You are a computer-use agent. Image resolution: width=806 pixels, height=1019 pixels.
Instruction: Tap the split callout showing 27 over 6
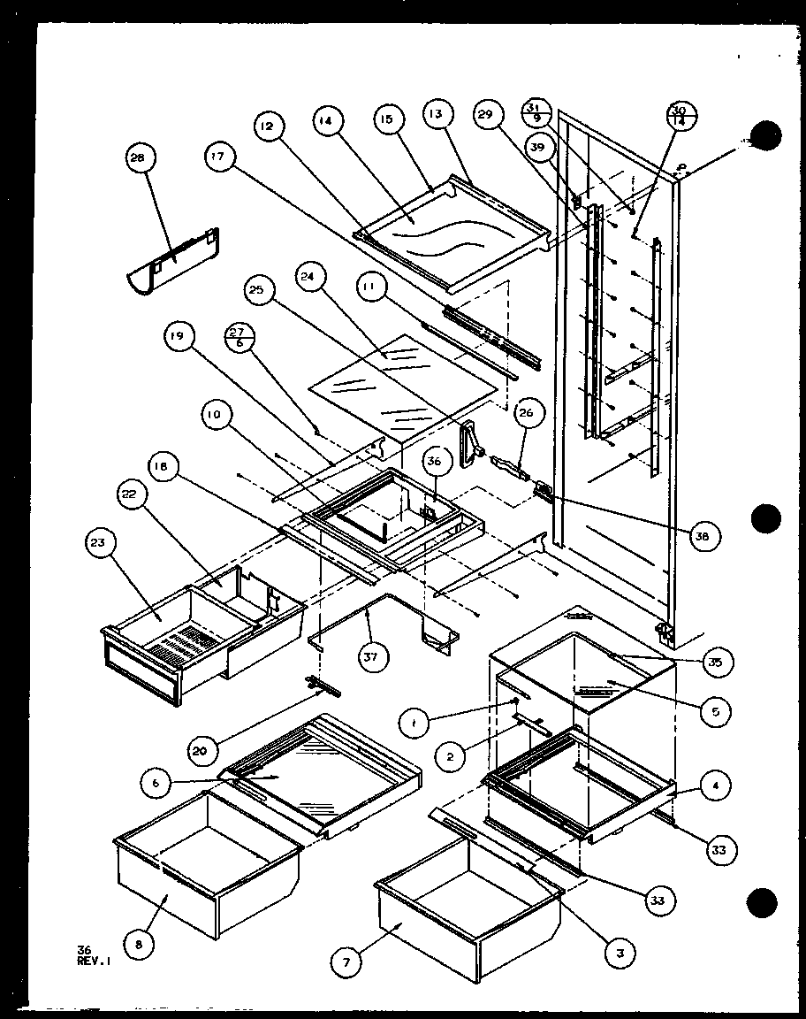(237, 337)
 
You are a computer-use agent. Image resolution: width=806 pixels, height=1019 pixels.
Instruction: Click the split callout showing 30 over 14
(679, 115)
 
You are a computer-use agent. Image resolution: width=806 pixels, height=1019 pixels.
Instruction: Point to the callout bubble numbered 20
(201, 752)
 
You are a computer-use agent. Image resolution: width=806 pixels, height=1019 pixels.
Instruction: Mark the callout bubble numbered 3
(621, 952)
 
